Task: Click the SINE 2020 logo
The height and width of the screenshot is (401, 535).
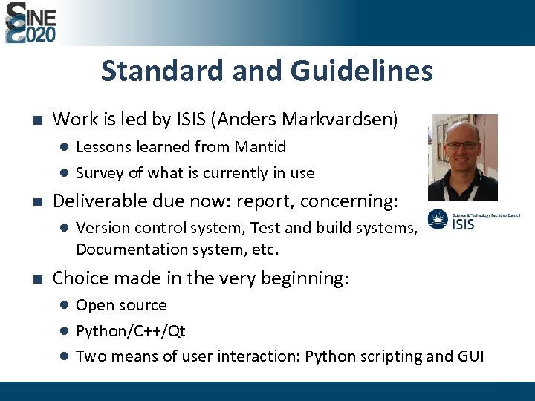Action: pyautogui.click(x=31, y=22)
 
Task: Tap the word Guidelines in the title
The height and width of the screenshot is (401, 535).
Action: pyautogui.click(x=362, y=71)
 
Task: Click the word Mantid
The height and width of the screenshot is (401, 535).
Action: pyautogui.click(x=261, y=147)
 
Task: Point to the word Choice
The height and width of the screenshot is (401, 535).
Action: pyautogui.click(x=77, y=278)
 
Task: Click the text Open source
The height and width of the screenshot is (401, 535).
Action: pyautogui.click(x=121, y=305)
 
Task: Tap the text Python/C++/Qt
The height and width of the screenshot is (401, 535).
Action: pyautogui.click(x=131, y=330)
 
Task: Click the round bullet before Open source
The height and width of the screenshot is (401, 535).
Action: pyautogui.click(x=65, y=305)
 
